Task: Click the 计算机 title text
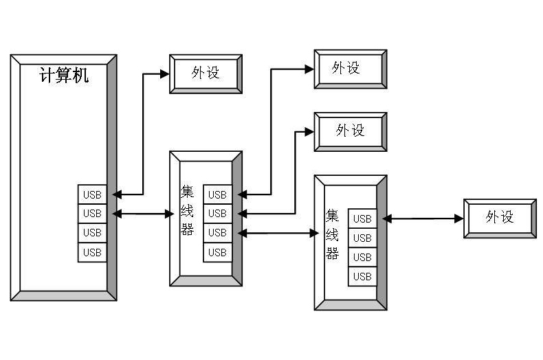[x=64, y=76]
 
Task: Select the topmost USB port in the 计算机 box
[x=92, y=194]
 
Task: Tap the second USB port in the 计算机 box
[x=92, y=214]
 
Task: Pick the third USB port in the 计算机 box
[x=92, y=233]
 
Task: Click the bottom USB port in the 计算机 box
[x=92, y=252]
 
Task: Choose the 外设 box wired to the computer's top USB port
[x=206, y=73]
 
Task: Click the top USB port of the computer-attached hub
[x=217, y=194]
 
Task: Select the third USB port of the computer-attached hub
[x=217, y=233]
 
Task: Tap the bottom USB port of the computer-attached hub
[x=217, y=252]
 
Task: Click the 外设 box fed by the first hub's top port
[x=350, y=68]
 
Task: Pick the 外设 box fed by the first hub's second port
[x=350, y=131]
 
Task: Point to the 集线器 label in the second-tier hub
[x=333, y=234]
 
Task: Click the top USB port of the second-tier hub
[x=362, y=218]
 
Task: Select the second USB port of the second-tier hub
[x=362, y=238]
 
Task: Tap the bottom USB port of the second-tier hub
[x=362, y=276]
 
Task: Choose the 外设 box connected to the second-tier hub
[x=500, y=218]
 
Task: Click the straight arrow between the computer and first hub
[x=143, y=214]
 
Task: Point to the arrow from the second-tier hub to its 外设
[x=423, y=218]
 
